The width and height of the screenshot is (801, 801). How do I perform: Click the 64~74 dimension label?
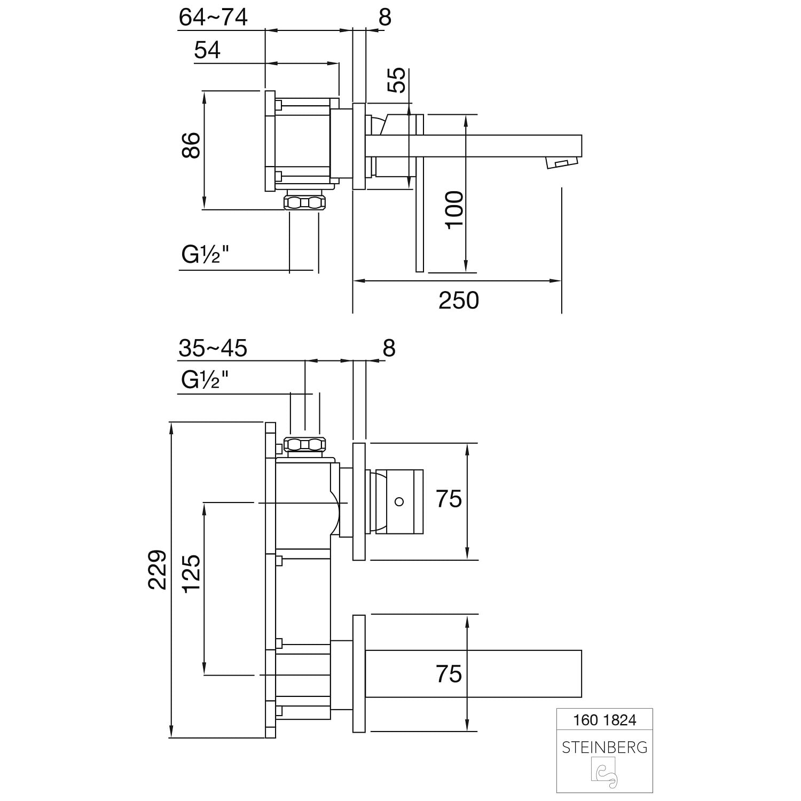coord(213,18)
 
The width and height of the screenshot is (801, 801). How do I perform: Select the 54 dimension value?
coord(207,50)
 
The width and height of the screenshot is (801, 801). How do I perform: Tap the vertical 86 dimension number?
coord(191,145)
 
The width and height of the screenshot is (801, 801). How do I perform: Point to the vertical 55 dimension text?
coord(397,80)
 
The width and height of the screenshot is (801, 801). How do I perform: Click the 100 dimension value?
coord(455,209)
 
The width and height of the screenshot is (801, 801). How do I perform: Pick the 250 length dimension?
coord(459,301)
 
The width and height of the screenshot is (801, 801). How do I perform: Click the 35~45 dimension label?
coord(213,348)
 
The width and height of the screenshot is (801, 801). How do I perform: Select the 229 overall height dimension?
coord(157,569)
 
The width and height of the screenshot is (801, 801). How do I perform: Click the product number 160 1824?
coord(604,720)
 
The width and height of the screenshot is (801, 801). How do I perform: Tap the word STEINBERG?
coord(604,748)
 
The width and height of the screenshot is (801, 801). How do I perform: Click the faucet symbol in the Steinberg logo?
coord(604,774)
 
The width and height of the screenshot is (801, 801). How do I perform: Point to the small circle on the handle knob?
coord(399,501)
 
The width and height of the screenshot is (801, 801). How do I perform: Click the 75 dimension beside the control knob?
coord(449,499)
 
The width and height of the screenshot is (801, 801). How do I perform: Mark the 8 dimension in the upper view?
coord(385,18)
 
